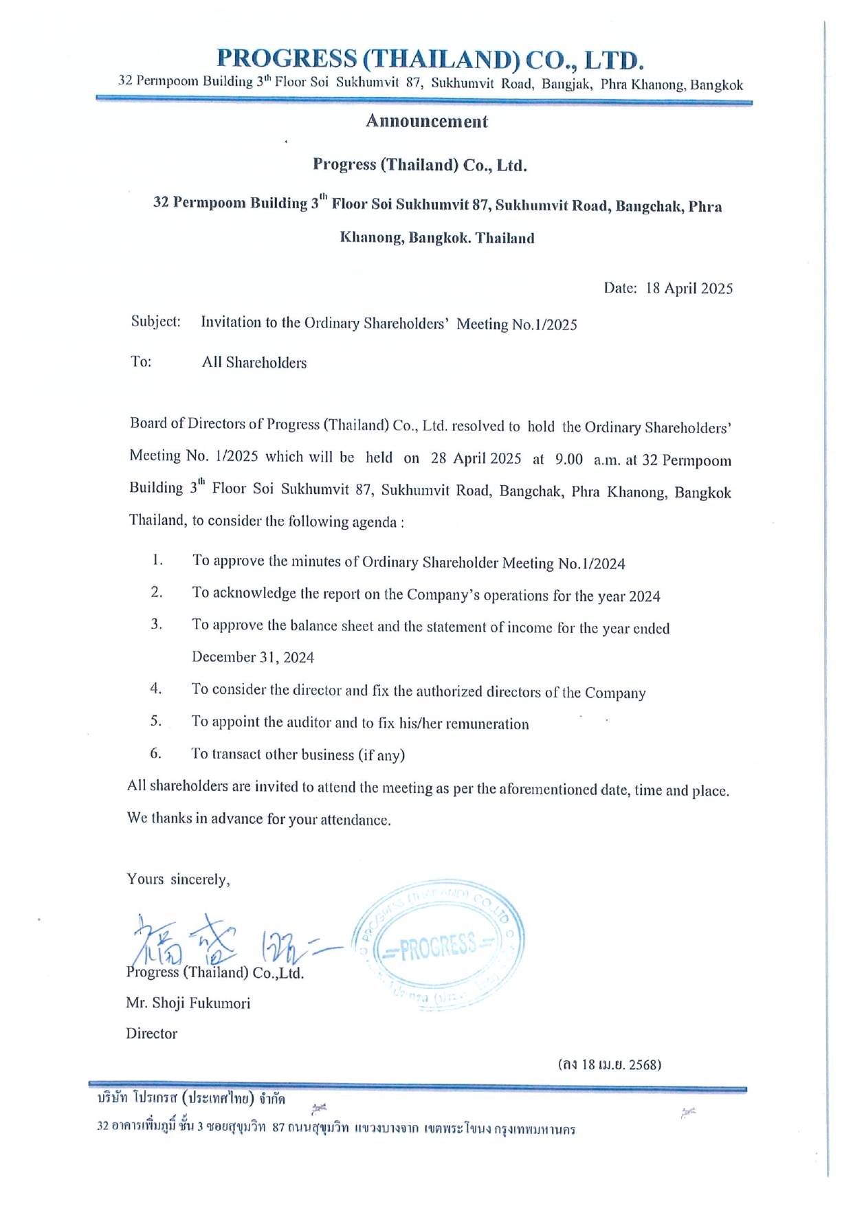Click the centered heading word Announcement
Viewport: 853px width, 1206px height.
[x=426, y=122]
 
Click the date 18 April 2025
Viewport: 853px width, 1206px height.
[x=689, y=289]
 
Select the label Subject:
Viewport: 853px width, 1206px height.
[x=156, y=322]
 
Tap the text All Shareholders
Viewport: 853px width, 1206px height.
[x=254, y=363]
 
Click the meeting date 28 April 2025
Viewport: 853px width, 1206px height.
[x=476, y=458]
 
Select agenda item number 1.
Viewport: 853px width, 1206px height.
[x=158, y=561]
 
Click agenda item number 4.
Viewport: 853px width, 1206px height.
[x=157, y=689]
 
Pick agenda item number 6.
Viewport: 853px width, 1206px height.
[x=156, y=753]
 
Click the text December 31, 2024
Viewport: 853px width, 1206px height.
[x=253, y=658]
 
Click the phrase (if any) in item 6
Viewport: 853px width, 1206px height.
[x=381, y=755]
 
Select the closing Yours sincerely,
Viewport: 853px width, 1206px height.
[x=178, y=880]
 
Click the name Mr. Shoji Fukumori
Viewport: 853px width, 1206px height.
[x=188, y=1003]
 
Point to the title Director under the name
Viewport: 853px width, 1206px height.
[x=151, y=1034]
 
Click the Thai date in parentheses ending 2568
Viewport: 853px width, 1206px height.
[x=610, y=1065]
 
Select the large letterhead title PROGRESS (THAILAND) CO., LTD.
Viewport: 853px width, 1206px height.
[x=430, y=60]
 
